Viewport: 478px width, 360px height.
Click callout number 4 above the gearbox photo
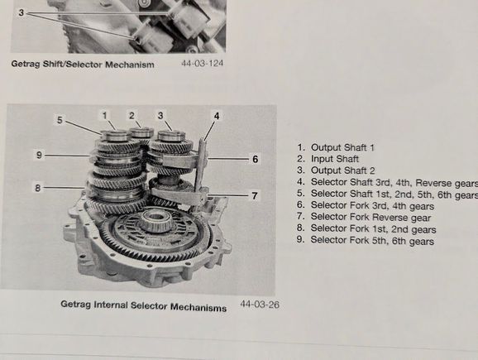[217, 116]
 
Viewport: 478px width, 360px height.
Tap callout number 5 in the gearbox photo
[60, 120]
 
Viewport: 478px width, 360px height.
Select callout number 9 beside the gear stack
[39, 155]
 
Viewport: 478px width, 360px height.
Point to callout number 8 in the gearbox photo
[37, 188]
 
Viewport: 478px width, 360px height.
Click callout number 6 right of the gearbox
[256, 159]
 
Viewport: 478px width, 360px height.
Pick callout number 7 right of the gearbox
[255, 195]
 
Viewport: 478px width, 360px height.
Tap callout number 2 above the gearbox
[131, 116]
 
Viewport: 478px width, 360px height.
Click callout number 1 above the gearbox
[105, 116]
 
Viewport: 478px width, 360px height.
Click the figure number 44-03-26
[260, 305]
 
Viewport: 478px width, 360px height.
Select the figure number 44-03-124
[203, 63]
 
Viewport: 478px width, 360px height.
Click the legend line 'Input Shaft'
[335, 159]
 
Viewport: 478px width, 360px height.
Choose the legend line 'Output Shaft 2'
[343, 170]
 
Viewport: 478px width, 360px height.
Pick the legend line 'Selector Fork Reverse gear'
[370, 217]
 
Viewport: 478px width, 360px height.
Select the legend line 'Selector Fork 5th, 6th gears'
[372, 241]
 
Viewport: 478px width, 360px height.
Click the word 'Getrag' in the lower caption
[75, 305]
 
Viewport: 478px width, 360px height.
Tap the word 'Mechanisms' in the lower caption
[198, 307]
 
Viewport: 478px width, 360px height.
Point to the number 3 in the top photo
[21, 12]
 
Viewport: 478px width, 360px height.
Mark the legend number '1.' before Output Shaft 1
[301, 147]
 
